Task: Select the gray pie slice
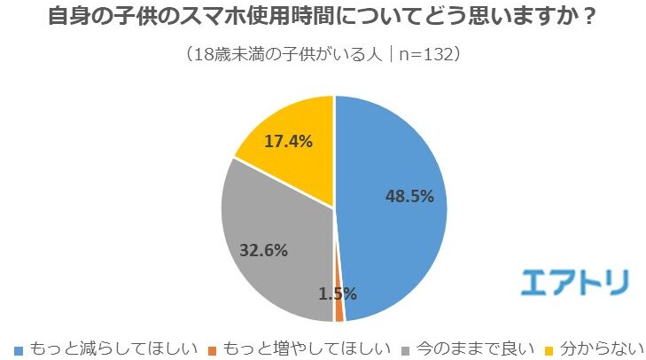click(275, 257)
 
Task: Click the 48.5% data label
click(409, 196)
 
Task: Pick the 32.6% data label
click(263, 250)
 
